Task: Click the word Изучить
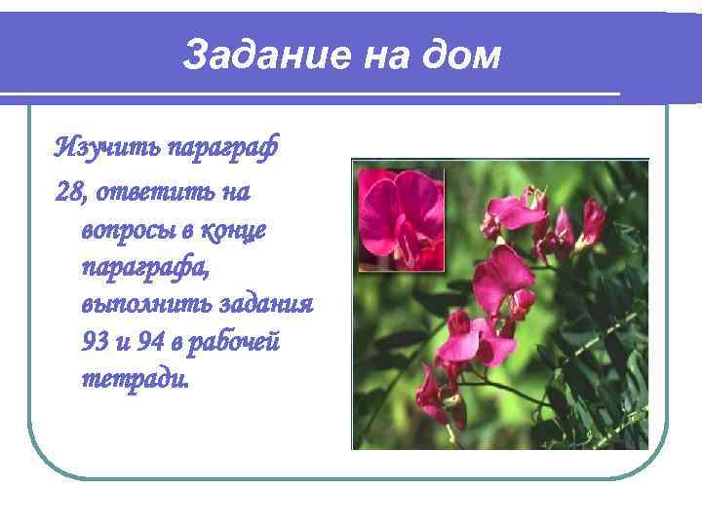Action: tap(107, 148)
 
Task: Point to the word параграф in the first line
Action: tap(223, 148)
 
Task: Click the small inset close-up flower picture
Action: tap(398, 218)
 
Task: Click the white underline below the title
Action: tap(312, 95)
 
